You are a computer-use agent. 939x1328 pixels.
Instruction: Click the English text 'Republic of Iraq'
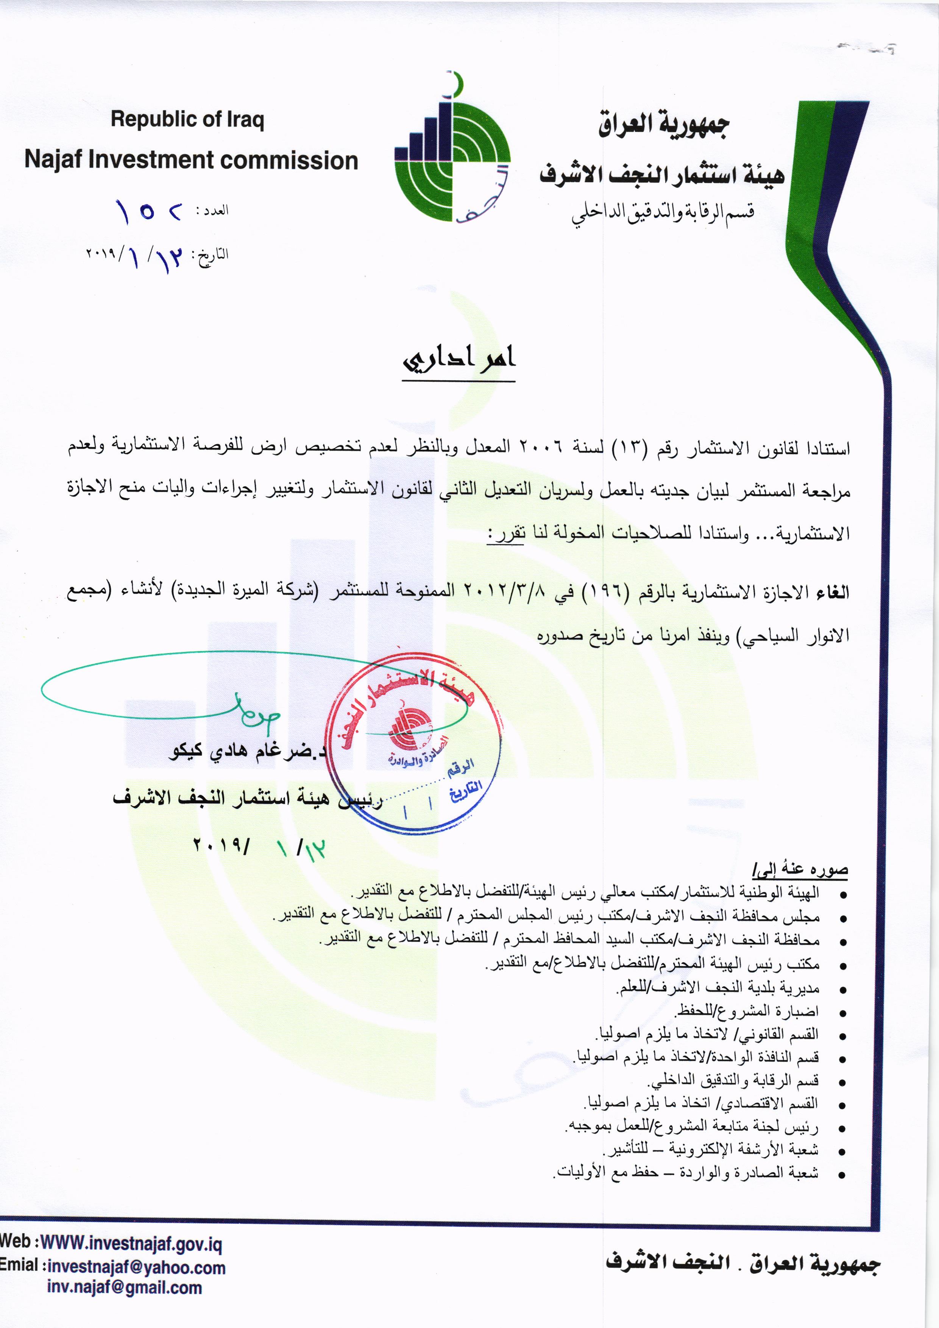(x=187, y=120)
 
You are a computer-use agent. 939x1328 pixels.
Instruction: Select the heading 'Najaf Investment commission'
(x=191, y=160)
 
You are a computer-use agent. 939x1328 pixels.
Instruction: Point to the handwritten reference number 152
(x=149, y=212)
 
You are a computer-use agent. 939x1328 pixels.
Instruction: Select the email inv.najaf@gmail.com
(x=124, y=1287)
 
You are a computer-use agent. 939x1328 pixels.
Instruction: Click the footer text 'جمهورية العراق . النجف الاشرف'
(x=742, y=1262)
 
